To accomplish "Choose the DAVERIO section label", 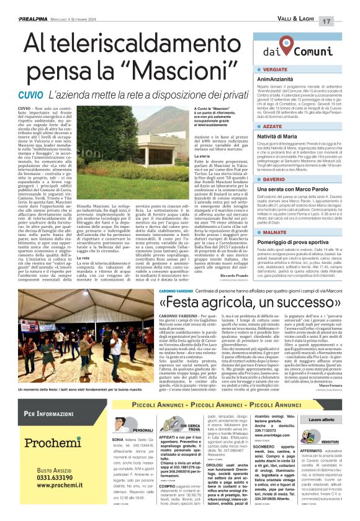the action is pos(274,179).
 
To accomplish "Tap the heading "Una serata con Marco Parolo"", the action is pos(297,189).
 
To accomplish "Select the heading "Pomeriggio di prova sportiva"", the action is pos(298,241).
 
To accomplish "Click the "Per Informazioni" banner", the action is pos(50,414).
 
